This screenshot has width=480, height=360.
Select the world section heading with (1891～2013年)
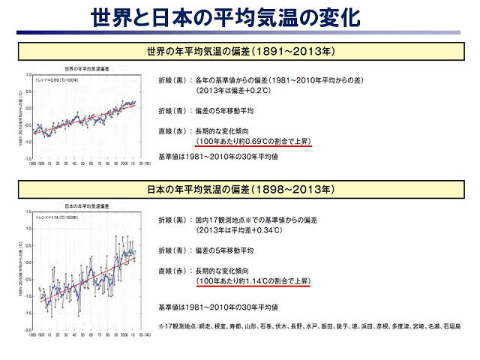(x=240, y=52)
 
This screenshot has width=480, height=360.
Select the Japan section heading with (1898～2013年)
(x=240, y=187)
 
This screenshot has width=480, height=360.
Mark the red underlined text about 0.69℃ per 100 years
(x=247, y=141)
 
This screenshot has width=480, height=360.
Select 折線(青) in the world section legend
(x=172, y=111)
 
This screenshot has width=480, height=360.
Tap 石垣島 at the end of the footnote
(x=452, y=326)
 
